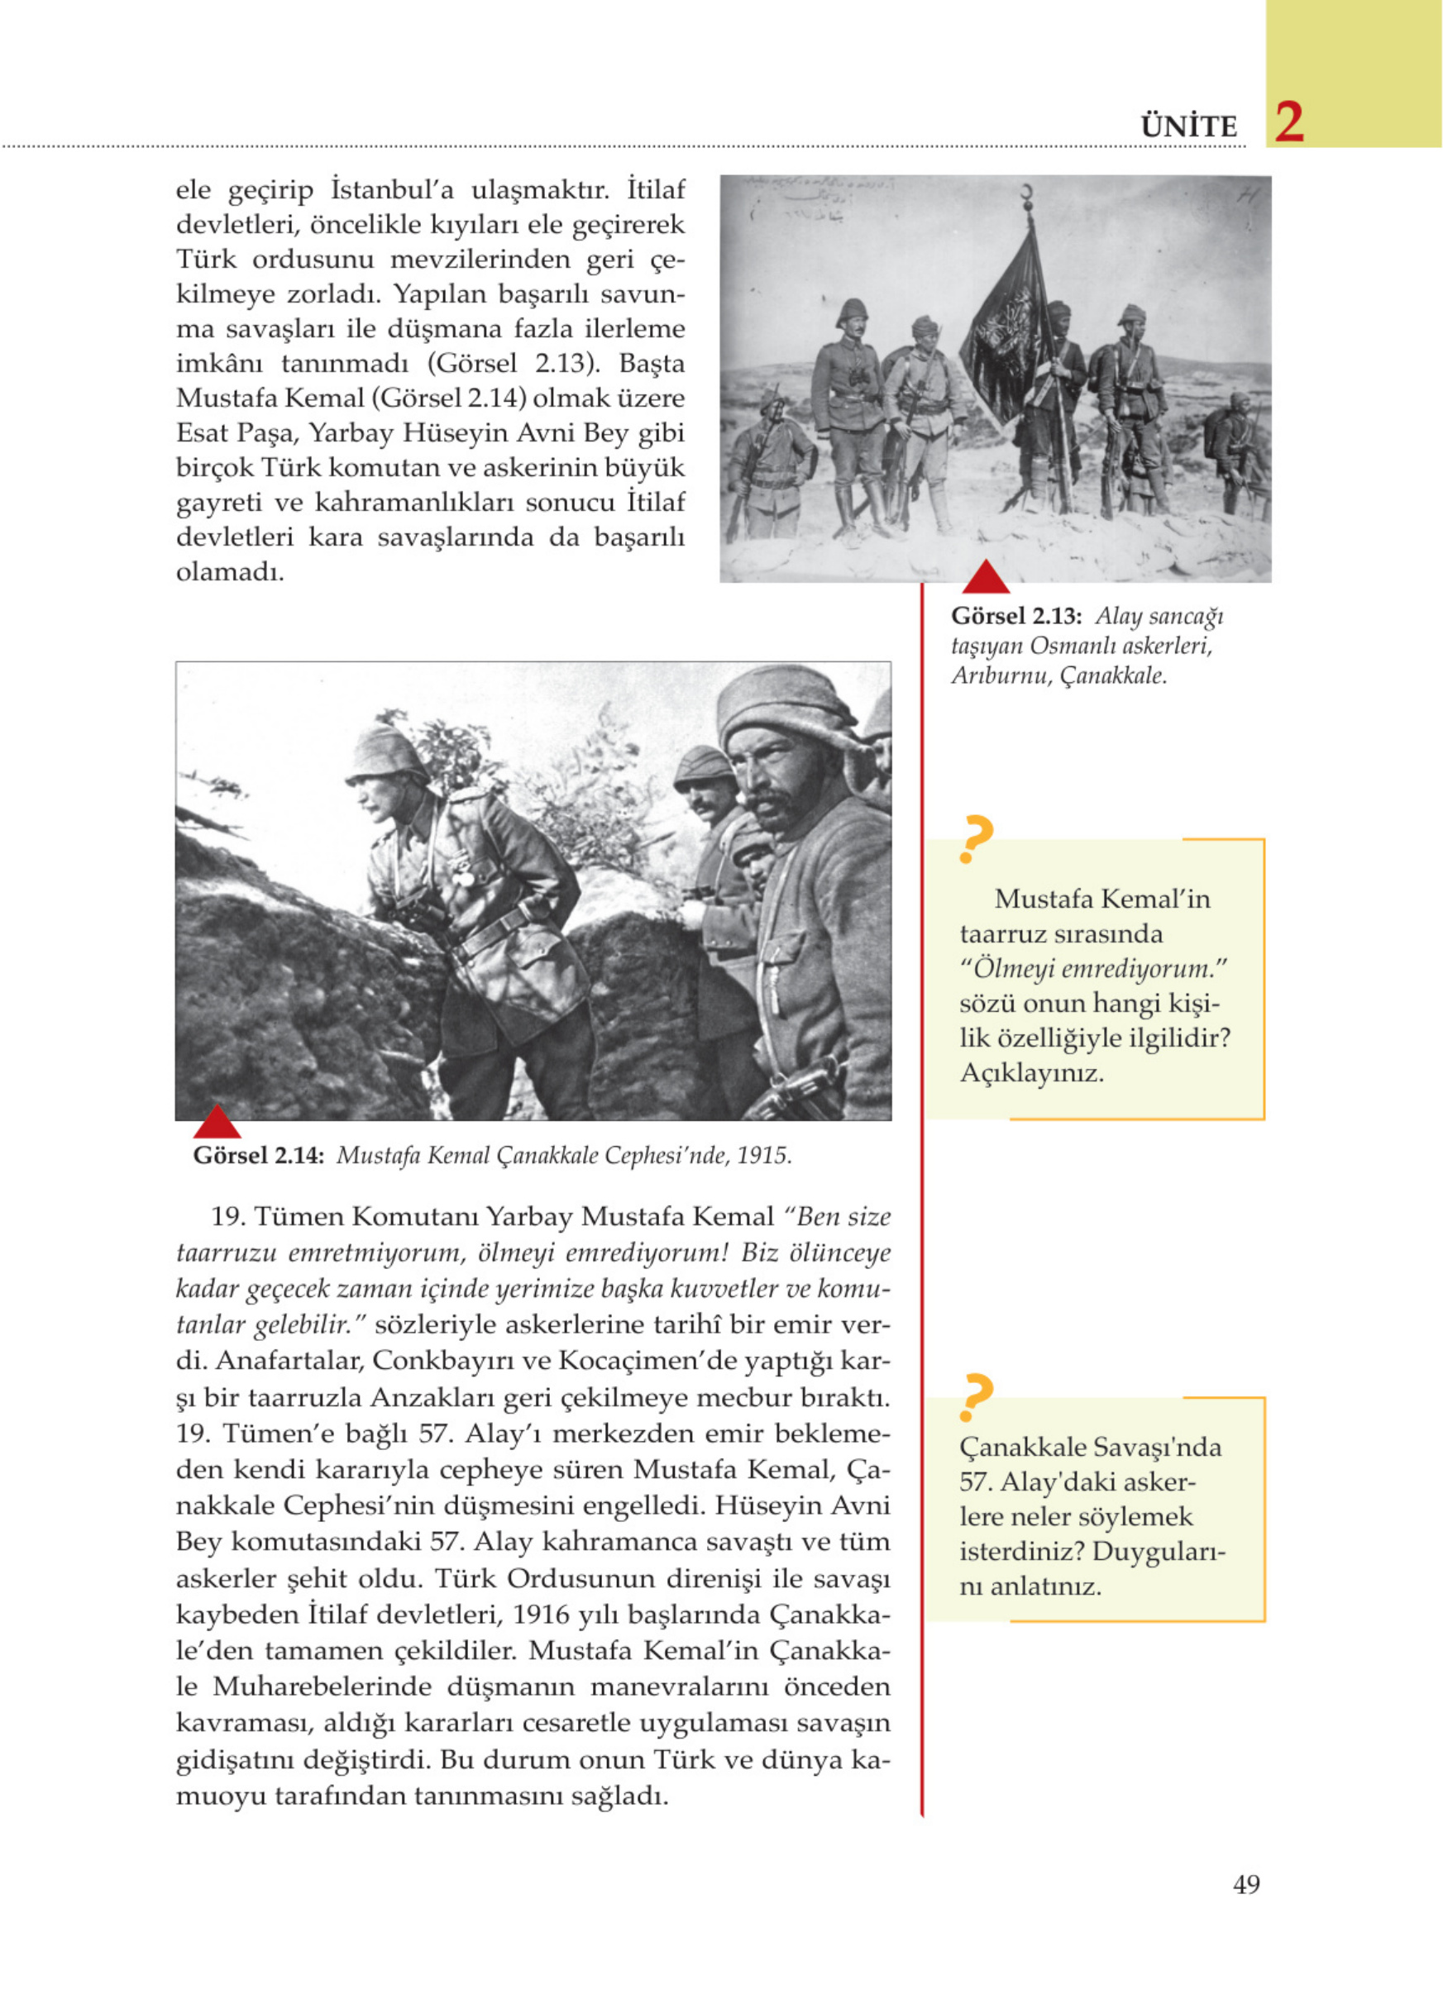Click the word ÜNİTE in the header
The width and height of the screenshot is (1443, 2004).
tap(1189, 127)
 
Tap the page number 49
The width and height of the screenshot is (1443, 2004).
tap(1246, 1884)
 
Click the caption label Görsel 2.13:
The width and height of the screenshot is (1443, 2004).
tap(1016, 616)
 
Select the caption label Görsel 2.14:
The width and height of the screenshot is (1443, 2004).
tap(258, 1156)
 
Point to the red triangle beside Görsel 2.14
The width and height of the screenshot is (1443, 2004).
tap(217, 1121)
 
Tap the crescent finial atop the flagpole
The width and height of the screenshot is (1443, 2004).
tap(1028, 193)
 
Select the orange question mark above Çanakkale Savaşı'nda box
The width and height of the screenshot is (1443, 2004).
tap(975, 1397)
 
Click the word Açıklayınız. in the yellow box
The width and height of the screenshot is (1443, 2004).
tap(1031, 1074)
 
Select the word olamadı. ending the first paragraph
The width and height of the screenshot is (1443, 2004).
tap(230, 573)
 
